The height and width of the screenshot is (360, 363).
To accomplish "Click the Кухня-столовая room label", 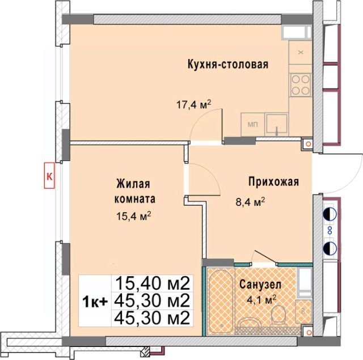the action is [x=228, y=64].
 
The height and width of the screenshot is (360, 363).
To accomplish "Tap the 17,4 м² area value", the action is [x=194, y=104].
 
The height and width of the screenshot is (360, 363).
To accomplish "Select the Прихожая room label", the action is [x=273, y=182].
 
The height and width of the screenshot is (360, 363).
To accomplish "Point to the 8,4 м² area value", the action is [x=250, y=202].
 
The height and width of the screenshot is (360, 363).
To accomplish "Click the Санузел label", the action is [x=260, y=285].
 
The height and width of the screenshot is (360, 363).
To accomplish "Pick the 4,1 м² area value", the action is [x=262, y=300].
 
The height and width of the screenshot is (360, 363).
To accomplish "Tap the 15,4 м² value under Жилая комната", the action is [x=134, y=217].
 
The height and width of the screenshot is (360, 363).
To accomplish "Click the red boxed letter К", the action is [x=49, y=175].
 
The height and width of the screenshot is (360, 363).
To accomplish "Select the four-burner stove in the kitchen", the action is [x=301, y=85].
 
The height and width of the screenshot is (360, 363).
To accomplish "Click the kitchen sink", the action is [x=276, y=125].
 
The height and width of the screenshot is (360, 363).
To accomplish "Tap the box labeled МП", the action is [x=252, y=125].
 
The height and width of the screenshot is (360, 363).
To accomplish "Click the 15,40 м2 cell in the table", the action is [x=152, y=283].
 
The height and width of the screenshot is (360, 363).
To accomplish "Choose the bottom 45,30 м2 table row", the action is [x=152, y=318].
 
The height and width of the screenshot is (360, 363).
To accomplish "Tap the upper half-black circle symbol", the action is [x=330, y=214].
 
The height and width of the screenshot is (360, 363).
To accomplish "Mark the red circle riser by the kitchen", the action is [x=308, y=144].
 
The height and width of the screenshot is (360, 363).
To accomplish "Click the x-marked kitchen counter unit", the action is [x=301, y=53].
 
